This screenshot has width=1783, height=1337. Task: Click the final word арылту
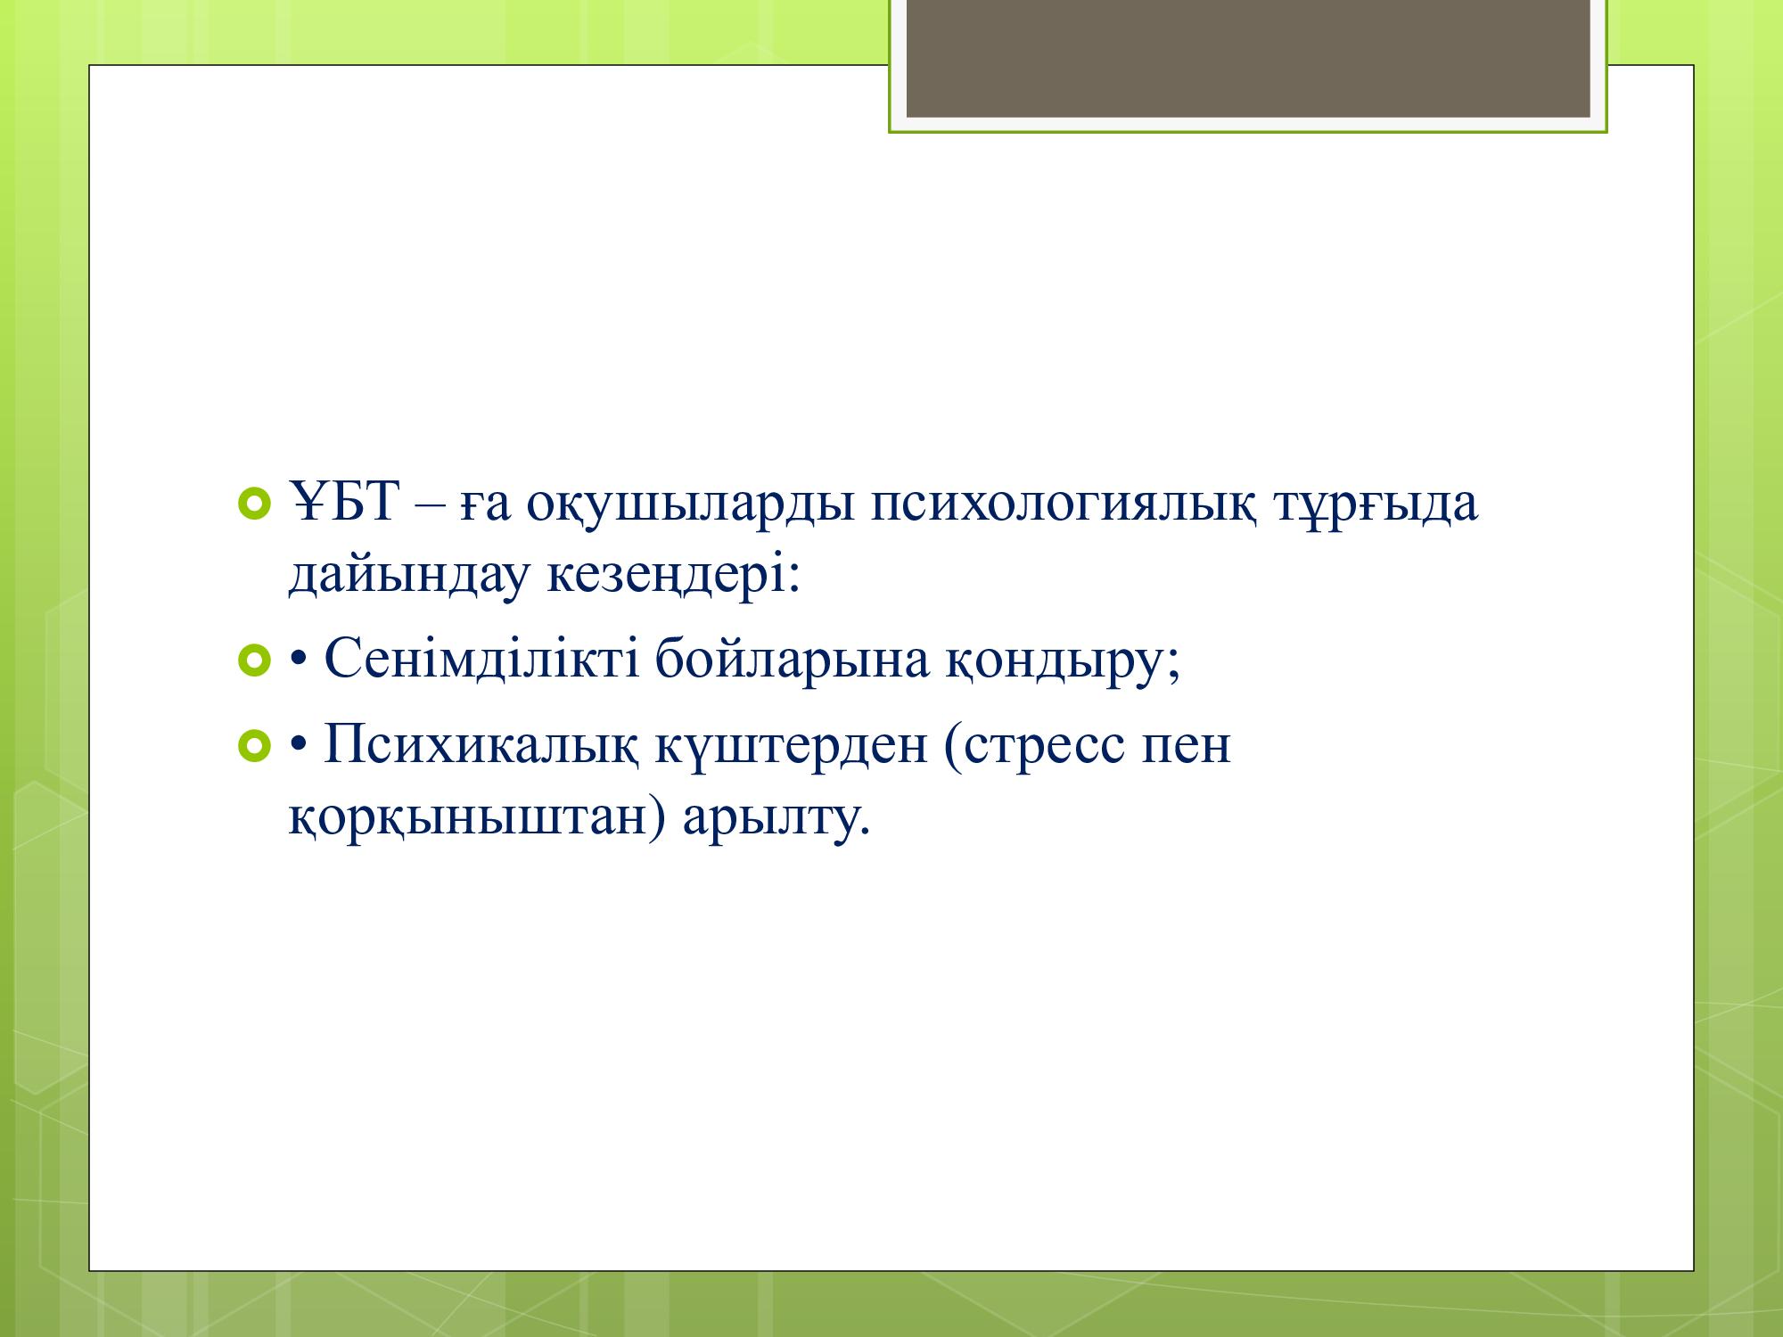[776, 818]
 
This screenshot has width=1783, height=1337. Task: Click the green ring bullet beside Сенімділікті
[254, 661]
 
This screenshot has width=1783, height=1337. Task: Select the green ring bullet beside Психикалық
[254, 746]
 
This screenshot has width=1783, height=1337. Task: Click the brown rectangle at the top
[1248, 58]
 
